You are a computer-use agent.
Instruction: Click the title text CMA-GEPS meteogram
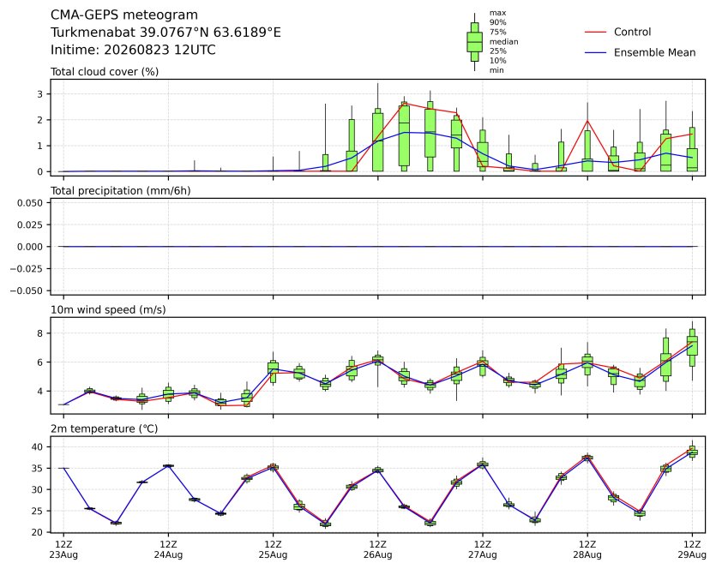point(124,15)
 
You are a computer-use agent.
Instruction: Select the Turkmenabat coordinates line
point(165,33)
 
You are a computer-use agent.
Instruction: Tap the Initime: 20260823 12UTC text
point(133,50)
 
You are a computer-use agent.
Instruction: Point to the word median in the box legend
point(503,41)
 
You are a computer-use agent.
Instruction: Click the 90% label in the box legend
point(497,22)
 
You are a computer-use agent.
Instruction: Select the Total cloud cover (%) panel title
point(105,72)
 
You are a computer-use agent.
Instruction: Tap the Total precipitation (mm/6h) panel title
point(121,191)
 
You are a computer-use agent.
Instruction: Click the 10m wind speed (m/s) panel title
point(108,310)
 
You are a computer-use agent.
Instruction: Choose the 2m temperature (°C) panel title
point(104,429)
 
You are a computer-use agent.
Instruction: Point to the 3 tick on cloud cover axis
point(40,94)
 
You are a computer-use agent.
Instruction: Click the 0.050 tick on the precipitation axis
point(30,202)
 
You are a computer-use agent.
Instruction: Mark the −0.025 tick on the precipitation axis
point(27,269)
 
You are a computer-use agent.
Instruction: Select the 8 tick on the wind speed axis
point(40,333)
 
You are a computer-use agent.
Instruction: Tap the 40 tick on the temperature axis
point(38,446)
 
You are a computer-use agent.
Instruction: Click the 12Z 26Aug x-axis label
point(377,549)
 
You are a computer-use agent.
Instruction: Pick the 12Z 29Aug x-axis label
point(692,549)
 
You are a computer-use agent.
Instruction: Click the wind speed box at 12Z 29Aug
point(692,346)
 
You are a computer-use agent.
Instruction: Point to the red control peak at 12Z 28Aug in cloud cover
point(587,121)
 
